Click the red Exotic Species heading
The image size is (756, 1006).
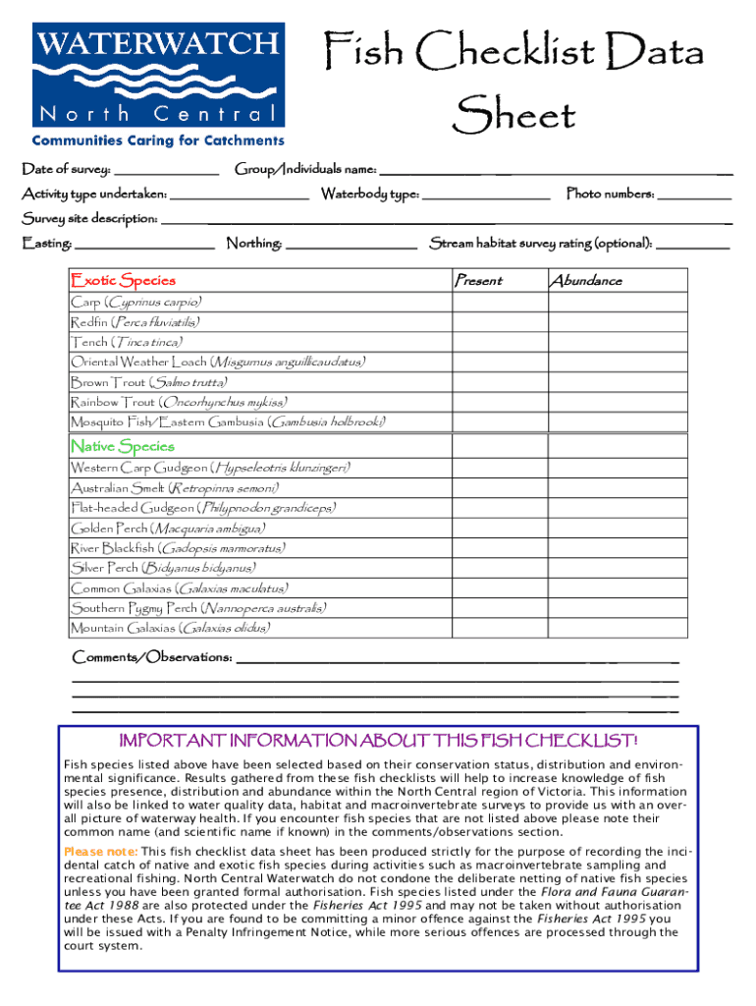[123, 281]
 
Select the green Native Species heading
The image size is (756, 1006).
[123, 446]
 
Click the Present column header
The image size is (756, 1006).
[478, 281]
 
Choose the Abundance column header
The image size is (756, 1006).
[585, 281]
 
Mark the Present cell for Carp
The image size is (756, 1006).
[496, 303]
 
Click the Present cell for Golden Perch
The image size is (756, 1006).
[496, 529]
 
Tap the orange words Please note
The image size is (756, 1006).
[101, 851]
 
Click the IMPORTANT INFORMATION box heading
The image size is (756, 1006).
[378, 740]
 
